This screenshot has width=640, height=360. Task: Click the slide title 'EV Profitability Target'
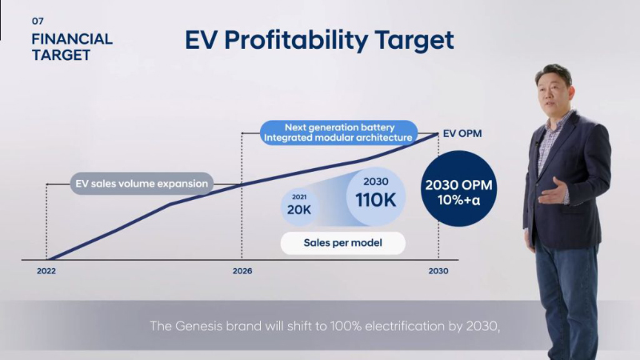(319, 40)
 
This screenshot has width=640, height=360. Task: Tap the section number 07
(37, 21)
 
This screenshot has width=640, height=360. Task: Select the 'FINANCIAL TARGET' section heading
(72, 47)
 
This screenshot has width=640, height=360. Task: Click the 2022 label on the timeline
(47, 272)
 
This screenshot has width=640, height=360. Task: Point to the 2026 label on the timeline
(242, 272)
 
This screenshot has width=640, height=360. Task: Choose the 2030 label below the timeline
(438, 272)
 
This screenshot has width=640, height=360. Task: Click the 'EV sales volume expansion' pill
(142, 184)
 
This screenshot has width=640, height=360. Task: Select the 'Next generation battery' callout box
(340, 132)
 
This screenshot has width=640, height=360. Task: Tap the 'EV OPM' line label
(462, 134)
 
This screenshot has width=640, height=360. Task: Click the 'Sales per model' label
(342, 242)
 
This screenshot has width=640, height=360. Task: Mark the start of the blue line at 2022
(50, 259)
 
